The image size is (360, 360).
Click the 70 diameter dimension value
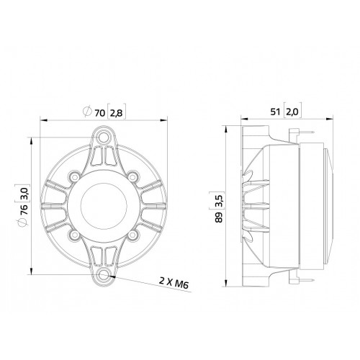tap(99, 112)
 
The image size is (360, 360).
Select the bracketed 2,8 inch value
tap(117, 112)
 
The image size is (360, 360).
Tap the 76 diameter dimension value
tap(25, 209)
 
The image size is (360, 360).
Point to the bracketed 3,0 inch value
tap(25, 192)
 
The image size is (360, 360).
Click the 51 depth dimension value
tap(276, 112)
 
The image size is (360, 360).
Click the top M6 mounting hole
tap(104, 137)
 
